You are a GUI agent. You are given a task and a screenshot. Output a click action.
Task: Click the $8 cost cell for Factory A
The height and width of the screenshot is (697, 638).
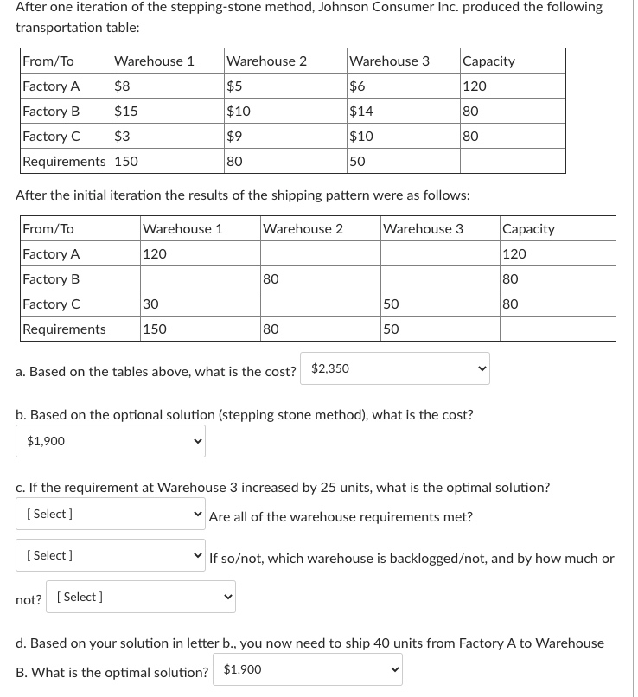124,86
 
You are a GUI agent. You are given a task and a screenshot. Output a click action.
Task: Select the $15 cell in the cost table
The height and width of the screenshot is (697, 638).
126,112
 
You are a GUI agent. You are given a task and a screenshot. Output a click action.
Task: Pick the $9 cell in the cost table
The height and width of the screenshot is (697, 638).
234,137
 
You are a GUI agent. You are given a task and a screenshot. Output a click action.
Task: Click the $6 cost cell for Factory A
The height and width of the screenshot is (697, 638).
358,86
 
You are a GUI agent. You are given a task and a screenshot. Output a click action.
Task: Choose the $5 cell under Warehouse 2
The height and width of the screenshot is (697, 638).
234,86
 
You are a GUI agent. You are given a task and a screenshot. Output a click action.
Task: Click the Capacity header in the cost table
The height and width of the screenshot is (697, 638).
488,61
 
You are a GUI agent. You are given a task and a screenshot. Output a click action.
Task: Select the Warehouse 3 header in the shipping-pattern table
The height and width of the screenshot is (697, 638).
423,229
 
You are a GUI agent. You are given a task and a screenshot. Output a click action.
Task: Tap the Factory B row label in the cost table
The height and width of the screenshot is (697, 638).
51,112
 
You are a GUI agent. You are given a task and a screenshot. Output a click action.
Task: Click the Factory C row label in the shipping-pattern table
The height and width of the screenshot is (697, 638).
51,304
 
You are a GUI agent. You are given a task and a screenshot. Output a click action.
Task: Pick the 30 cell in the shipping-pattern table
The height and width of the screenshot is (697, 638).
150,304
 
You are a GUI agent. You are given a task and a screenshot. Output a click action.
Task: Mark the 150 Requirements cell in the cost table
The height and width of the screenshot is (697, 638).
126,162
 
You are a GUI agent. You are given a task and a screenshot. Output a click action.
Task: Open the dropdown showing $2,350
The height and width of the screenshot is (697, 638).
395,369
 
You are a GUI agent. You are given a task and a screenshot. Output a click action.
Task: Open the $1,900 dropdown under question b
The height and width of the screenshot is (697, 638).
111,441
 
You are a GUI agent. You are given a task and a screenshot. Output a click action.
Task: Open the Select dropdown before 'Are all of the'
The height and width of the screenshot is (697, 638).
111,515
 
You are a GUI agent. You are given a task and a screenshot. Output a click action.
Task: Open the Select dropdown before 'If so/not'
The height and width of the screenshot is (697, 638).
111,556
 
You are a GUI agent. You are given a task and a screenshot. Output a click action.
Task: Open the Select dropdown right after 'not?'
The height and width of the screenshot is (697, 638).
140,598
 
